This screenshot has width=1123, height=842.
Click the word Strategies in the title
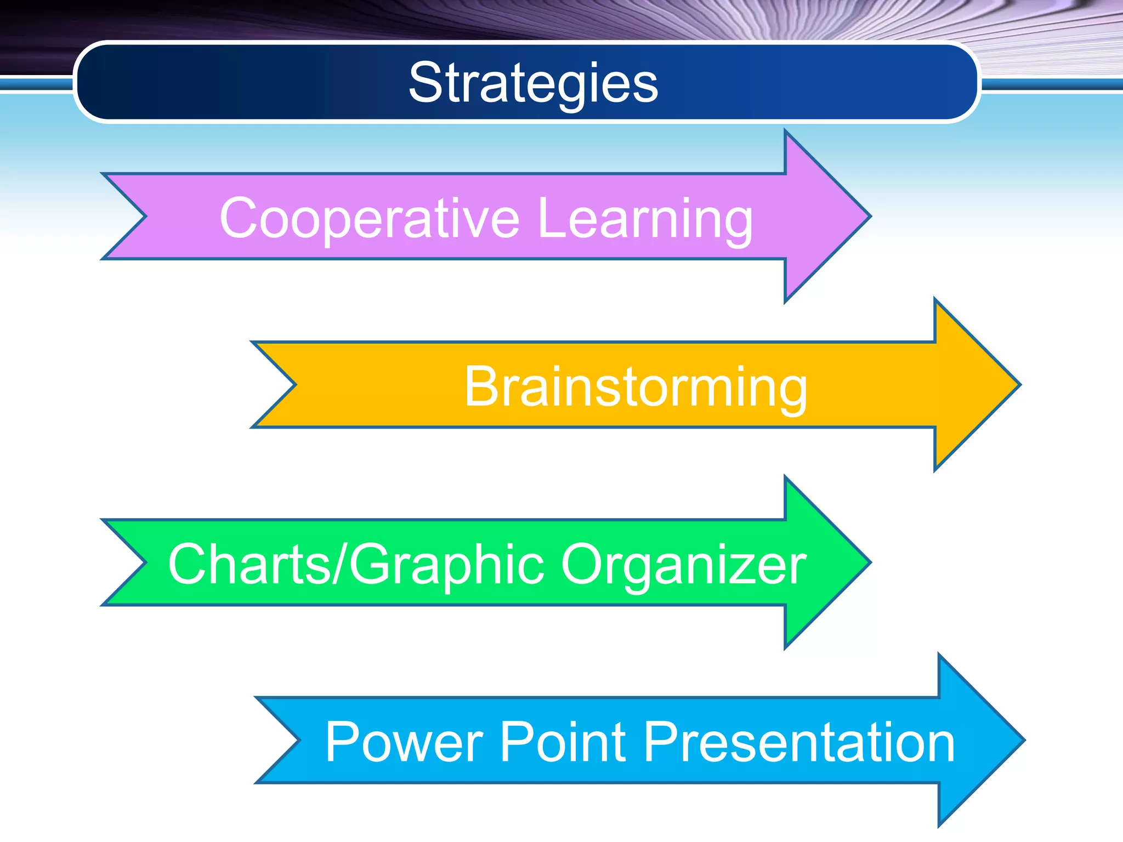pyautogui.click(x=533, y=83)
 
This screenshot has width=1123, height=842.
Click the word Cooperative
pyautogui.click(x=368, y=219)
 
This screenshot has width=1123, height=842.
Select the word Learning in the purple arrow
pyautogui.click(x=645, y=219)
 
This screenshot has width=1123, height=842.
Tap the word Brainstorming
pyautogui.click(x=636, y=387)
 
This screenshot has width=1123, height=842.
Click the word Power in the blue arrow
pyautogui.click(x=404, y=742)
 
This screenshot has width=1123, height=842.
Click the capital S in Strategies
pyautogui.click(x=425, y=83)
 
